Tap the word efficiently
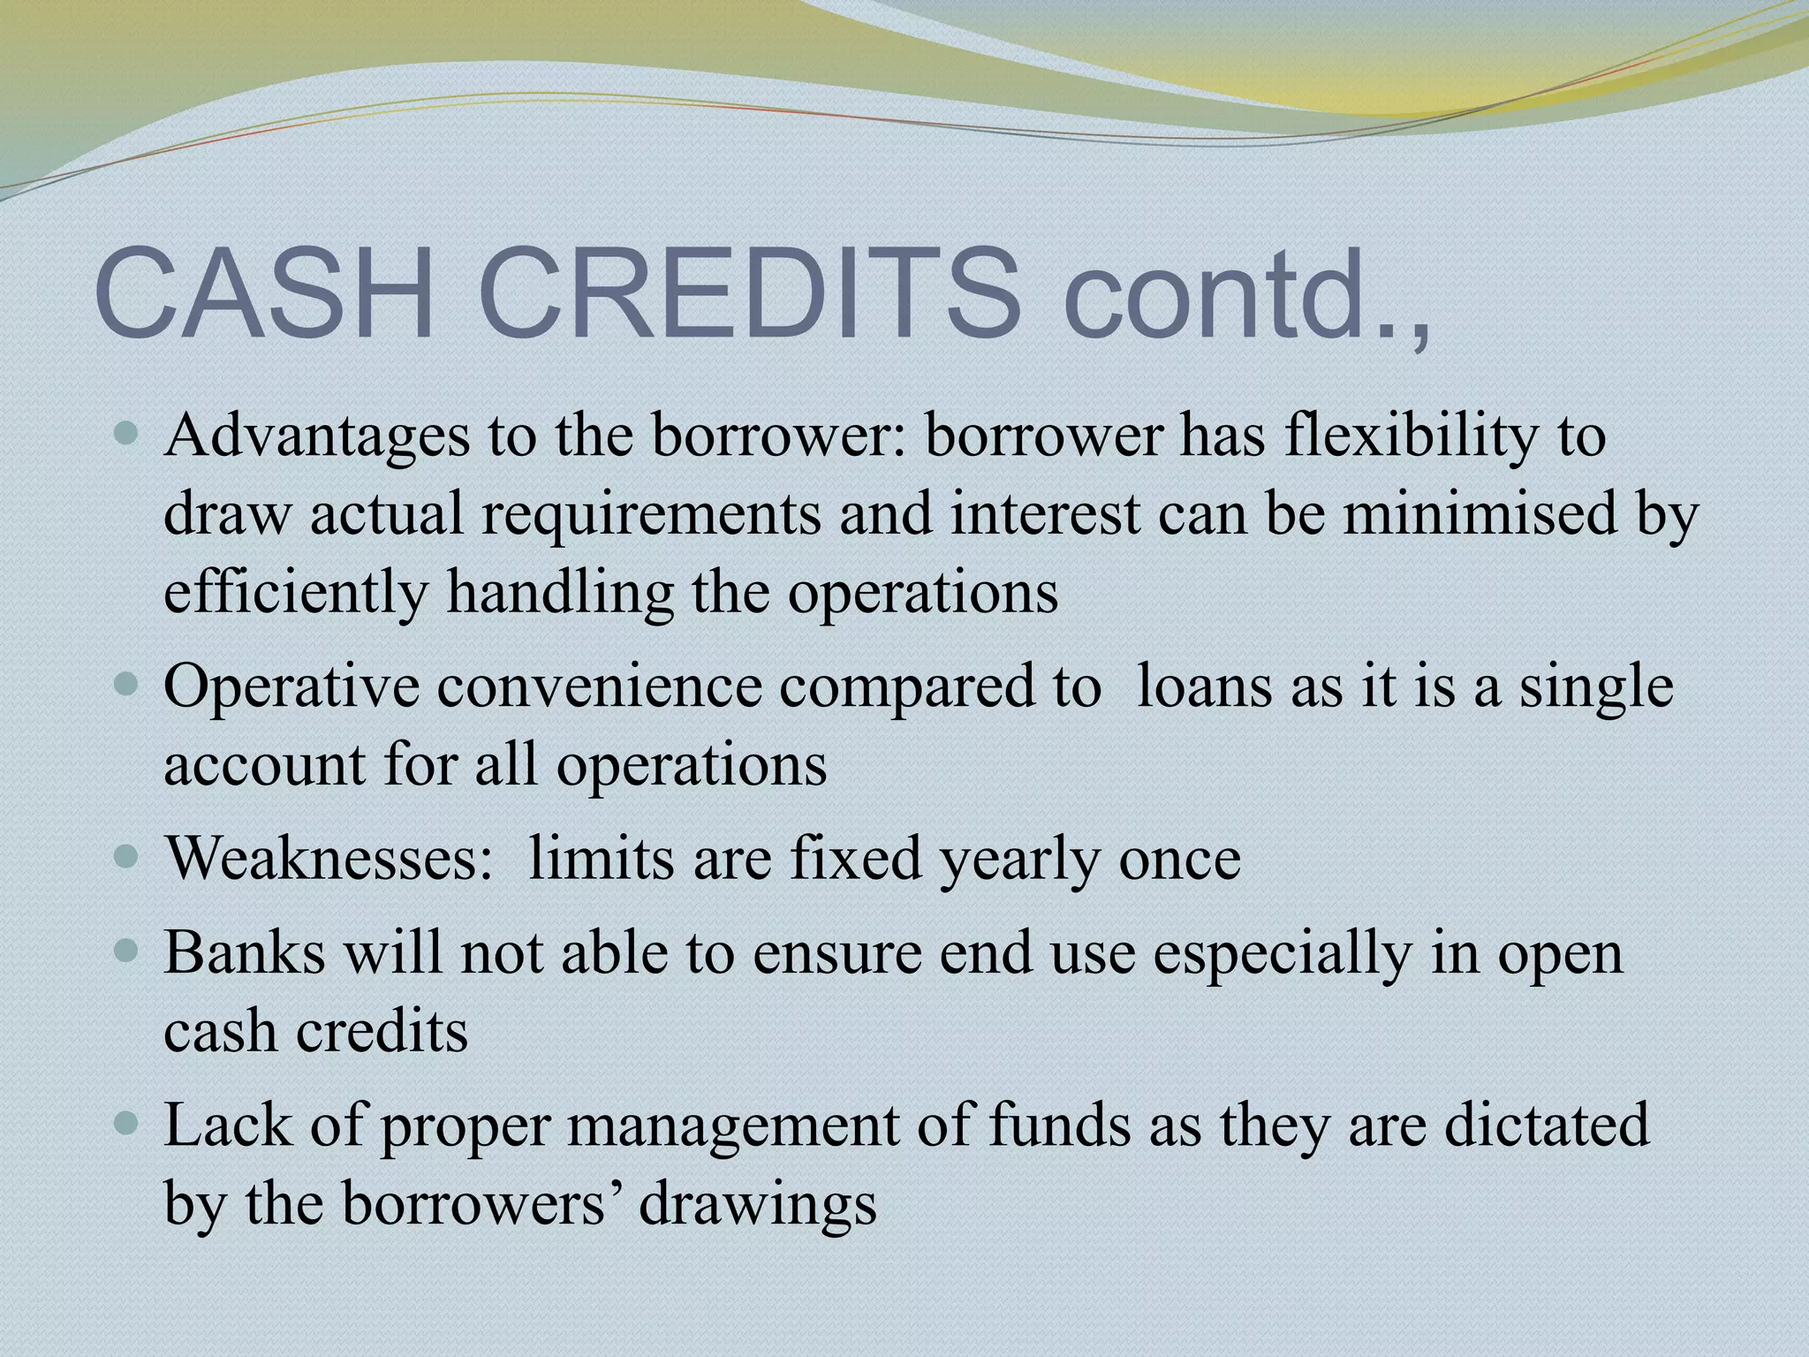(295, 592)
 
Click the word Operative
(291, 687)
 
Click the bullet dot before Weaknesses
(127, 855)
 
